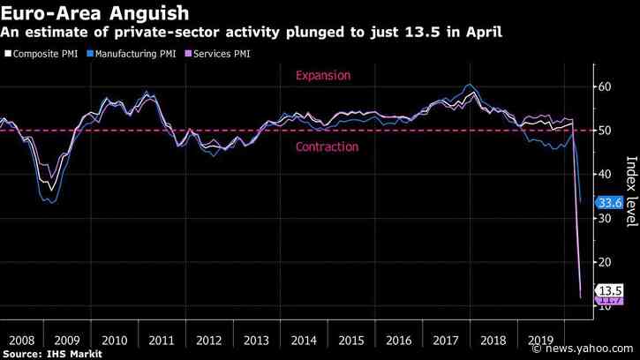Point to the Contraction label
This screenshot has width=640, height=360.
point(327,146)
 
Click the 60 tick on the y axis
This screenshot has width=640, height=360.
point(606,86)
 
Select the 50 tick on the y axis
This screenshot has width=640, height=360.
point(606,131)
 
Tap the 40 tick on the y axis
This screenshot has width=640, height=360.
point(606,175)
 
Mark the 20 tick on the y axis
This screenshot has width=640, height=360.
point(606,263)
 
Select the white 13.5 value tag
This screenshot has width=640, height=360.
point(611,291)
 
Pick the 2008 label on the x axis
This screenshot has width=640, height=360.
point(22,339)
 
